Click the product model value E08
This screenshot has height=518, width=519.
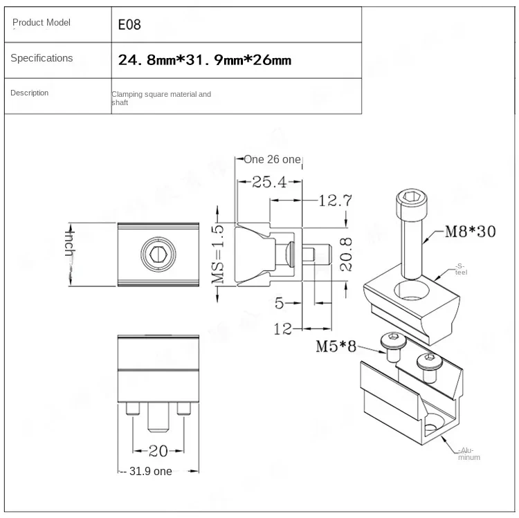click(130, 25)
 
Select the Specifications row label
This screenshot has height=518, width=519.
click(42, 58)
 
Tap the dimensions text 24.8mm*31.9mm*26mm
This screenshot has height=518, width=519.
click(204, 60)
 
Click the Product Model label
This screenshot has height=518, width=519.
click(42, 23)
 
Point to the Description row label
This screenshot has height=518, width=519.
click(30, 93)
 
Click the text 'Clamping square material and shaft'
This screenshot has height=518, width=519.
click(161, 98)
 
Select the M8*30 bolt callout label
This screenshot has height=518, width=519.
click(470, 232)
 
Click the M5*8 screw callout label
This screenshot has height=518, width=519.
click(337, 346)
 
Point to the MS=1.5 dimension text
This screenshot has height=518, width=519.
click(219, 254)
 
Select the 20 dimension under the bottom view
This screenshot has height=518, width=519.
click(158, 451)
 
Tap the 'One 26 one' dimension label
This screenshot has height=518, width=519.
click(272, 160)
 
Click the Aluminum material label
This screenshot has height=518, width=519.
click(468, 454)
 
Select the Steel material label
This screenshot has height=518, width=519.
click(462, 269)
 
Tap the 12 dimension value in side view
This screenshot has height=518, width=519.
click(283, 330)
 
